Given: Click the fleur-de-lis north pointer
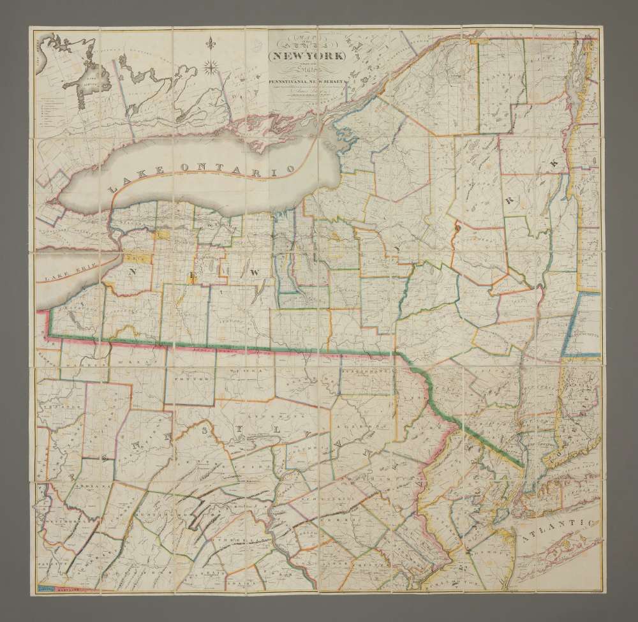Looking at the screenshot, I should click(x=211, y=44).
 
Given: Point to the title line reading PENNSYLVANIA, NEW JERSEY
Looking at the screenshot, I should click(x=306, y=81).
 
